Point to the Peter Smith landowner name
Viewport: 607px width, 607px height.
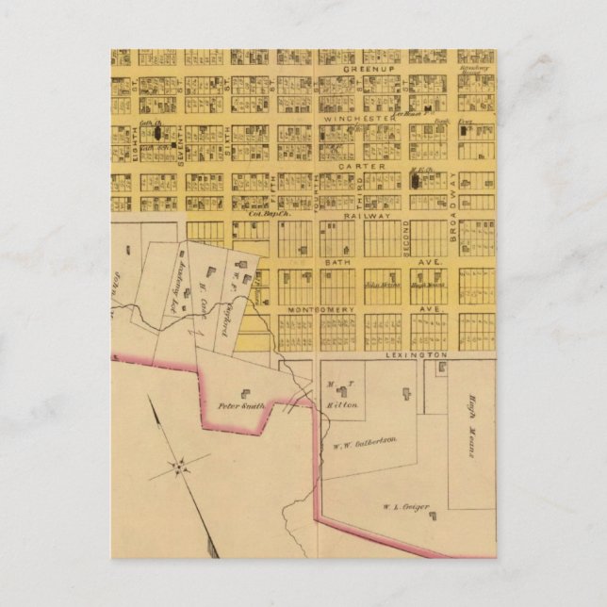(240, 406)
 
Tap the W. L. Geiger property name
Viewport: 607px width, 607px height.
(407, 507)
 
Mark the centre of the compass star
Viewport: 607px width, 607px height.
(179, 465)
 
